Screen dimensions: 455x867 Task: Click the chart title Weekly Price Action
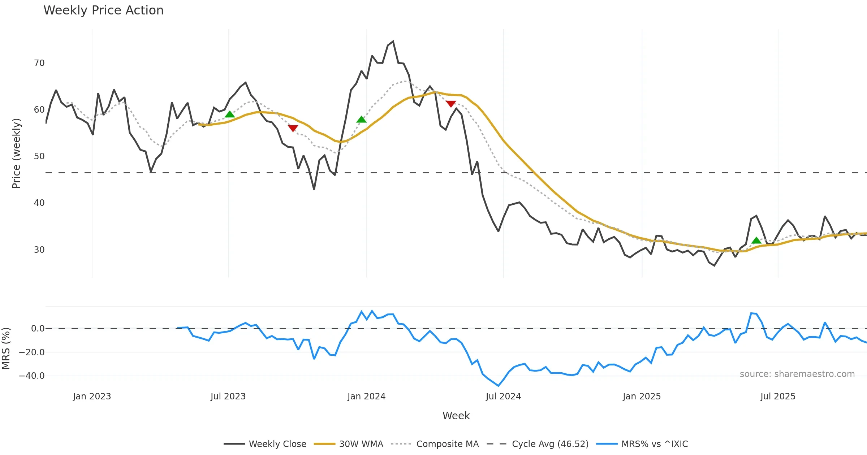(103, 10)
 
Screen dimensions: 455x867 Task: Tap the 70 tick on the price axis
(39, 63)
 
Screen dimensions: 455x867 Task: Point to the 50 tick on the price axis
(39, 156)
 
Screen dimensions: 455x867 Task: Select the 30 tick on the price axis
(39, 250)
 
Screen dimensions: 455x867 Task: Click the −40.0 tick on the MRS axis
(32, 376)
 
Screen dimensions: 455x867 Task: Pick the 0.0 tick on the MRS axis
(38, 329)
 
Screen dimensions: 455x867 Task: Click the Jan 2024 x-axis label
(366, 396)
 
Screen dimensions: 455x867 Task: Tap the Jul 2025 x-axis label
(778, 396)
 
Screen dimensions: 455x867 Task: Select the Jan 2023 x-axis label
(92, 396)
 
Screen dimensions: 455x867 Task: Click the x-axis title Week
(456, 416)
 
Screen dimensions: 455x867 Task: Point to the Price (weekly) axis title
(16, 153)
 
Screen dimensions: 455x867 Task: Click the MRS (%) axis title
(6, 348)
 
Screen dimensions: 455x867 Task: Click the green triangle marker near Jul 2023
(230, 114)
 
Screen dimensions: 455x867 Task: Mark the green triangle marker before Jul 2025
(756, 240)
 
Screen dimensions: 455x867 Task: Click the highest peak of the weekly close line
(393, 42)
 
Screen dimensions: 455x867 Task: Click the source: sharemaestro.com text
(797, 374)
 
